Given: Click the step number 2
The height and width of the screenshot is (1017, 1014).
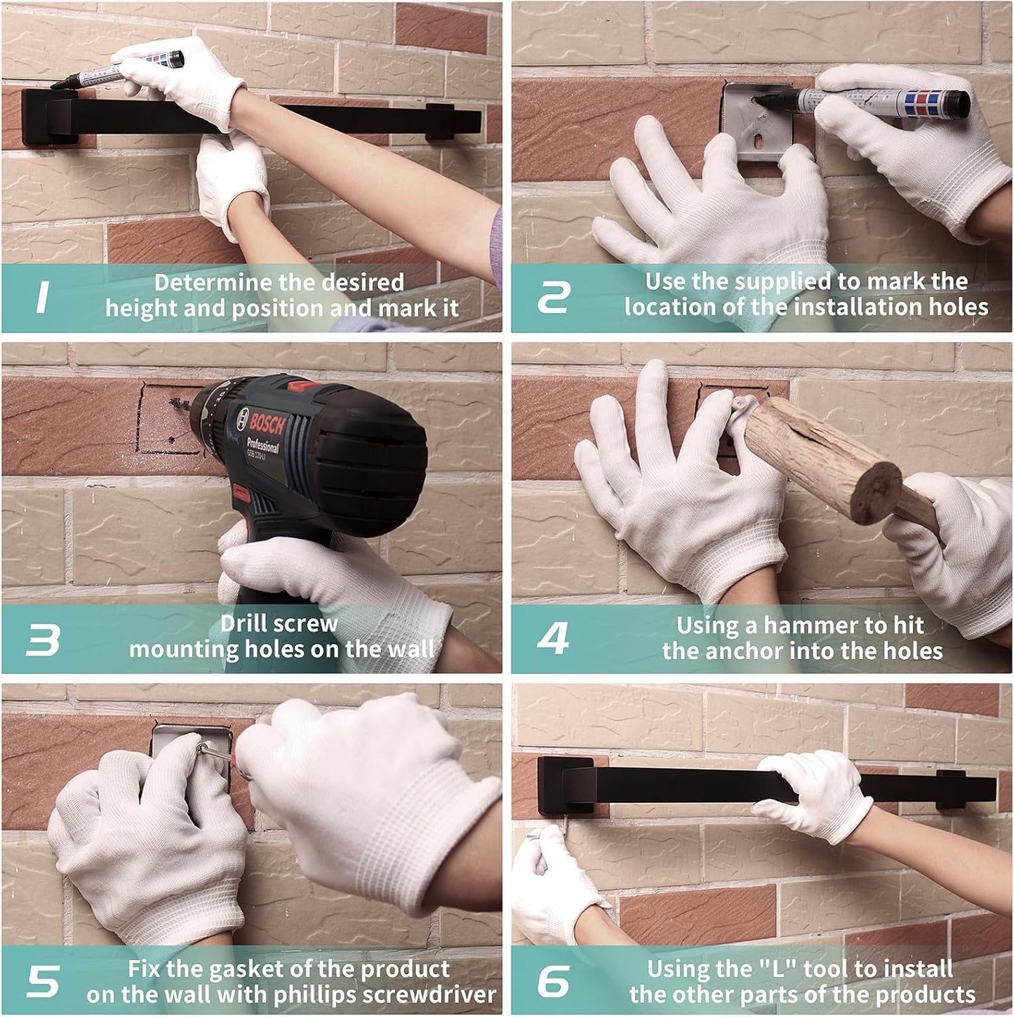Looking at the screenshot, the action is [554, 297].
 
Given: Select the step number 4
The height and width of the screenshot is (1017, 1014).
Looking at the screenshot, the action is [553, 638].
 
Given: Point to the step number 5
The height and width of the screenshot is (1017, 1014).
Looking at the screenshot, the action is [44, 981].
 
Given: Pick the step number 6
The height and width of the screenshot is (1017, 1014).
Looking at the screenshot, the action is [554, 981].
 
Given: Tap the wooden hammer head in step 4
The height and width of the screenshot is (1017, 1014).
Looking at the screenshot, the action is [823, 458].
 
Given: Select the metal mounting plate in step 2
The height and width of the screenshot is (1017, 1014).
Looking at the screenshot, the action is [758, 121].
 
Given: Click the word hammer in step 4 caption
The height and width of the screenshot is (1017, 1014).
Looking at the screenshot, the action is [808, 625].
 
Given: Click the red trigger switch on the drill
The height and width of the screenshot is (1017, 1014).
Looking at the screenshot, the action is [242, 494].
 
